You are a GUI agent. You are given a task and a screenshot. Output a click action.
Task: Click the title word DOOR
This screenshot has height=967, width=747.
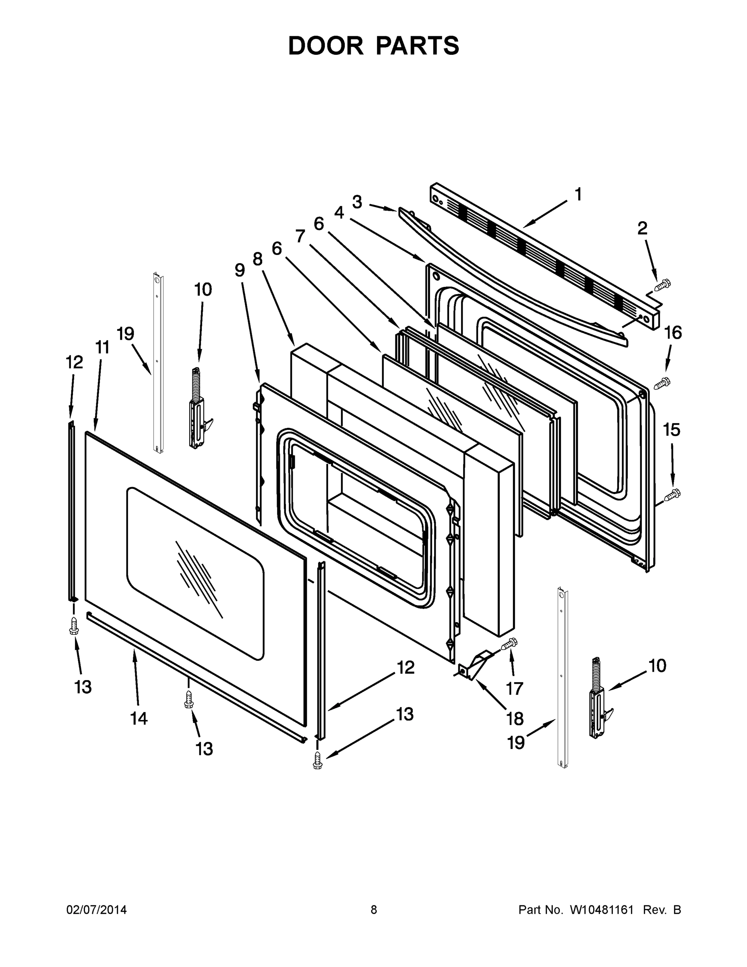325,46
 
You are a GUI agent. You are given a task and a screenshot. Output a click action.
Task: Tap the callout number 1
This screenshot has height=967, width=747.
577,194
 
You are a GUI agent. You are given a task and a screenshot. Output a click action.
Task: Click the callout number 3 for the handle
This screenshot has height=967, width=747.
357,202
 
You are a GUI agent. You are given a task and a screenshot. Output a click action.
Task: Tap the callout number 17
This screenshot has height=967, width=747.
515,688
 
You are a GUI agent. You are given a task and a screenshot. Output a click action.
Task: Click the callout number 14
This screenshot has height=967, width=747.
139,718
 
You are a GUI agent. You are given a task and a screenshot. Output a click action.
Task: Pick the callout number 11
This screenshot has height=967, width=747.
102,348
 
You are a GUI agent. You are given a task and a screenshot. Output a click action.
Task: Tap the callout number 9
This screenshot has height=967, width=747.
240,270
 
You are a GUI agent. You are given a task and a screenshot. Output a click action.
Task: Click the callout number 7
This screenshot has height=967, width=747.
300,236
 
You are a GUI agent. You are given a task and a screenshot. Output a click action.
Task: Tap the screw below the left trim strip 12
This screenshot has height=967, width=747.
74,626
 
